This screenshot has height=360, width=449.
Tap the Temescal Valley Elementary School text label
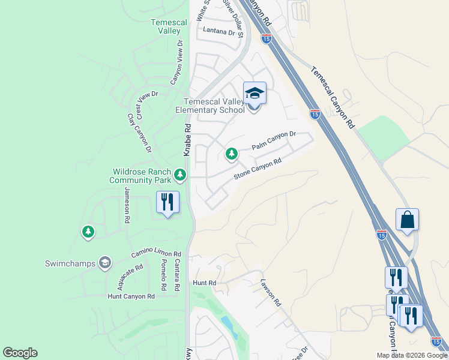coord(209,106)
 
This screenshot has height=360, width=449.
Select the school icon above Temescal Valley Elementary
coord(255,93)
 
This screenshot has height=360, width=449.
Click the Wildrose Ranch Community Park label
coord(140,176)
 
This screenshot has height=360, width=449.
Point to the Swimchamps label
coord(70,263)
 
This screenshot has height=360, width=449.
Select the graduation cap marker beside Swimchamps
coord(105,263)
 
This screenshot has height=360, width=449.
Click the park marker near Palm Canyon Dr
coord(232,154)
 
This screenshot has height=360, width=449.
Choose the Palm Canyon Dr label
coord(274,142)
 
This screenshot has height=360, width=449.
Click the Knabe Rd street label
coord(187,140)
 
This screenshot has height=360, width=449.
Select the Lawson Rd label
coord(271,292)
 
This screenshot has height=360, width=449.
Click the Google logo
coord(20,353)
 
